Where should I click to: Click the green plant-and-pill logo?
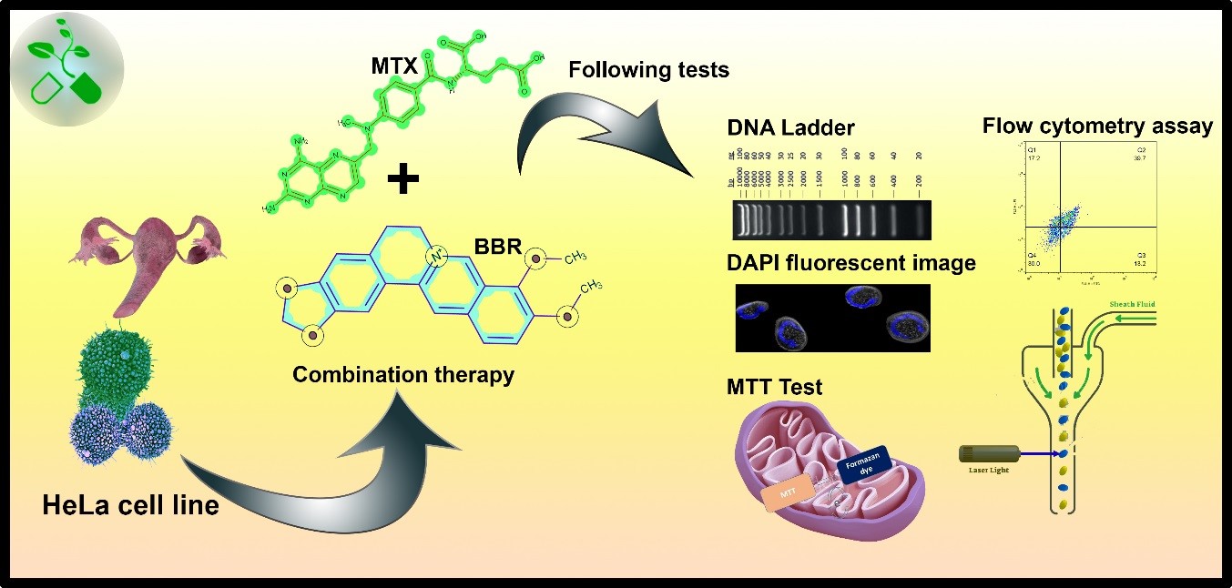click(69, 66)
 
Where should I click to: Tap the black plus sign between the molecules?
click(403, 179)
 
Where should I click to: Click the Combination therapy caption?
click(403, 374)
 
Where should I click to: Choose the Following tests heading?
click(648, 69)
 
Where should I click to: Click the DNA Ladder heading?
click(790, 128)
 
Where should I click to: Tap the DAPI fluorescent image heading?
click(850, 263)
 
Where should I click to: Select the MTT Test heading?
click(774, 387)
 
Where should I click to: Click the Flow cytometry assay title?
click(1097, 126)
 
